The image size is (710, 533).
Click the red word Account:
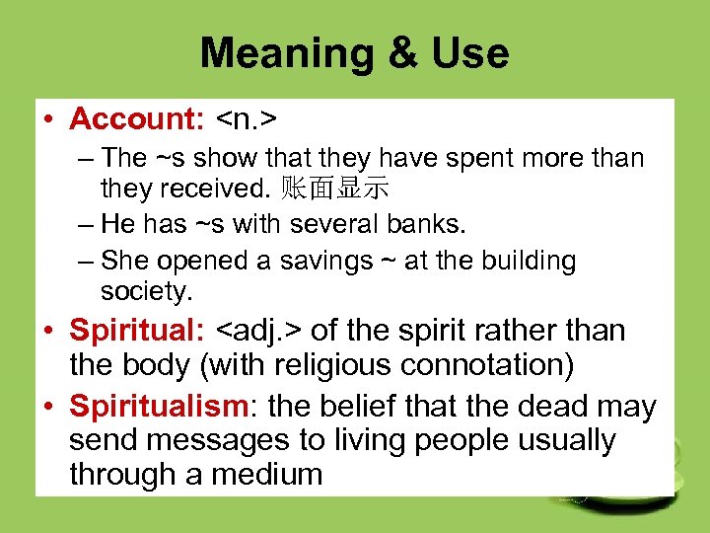[137, 119]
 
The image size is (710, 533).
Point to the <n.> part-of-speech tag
[246, 119]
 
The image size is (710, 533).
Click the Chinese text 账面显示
[335, 188]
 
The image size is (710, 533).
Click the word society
[147, 292]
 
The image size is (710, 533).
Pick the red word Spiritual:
[137, 330]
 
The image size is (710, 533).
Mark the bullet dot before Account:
[47, 120]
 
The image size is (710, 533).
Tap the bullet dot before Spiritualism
[47, 406]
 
